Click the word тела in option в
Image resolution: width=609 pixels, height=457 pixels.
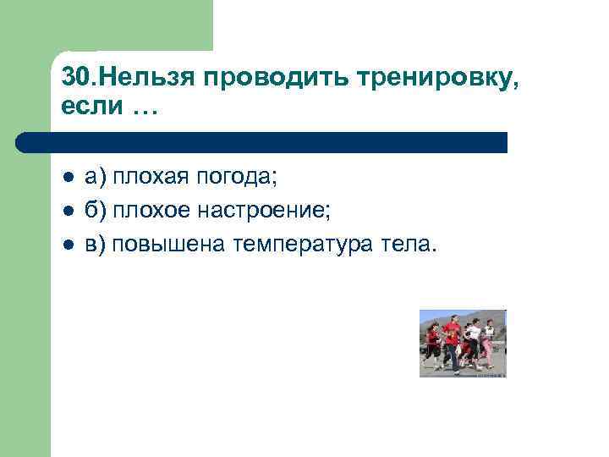pyautogui.click(x=409, y=245)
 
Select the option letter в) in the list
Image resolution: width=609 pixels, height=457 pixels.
pyautogui.click(x=96, y=245)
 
